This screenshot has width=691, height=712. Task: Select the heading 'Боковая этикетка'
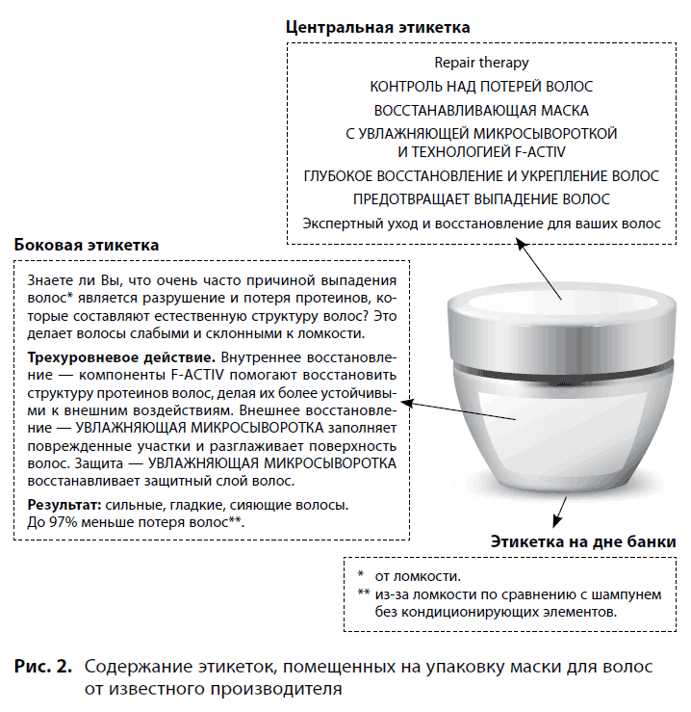[x=87, y=246]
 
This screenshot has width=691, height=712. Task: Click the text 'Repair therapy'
[x=481, y=63]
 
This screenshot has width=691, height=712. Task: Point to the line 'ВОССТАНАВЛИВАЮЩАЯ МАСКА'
[x=481, y=110]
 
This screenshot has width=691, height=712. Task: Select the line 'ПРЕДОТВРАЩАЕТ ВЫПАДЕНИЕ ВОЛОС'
[x=481, y=199]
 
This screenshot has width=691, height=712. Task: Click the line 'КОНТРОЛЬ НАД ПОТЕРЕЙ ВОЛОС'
[x=481, y=87]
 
